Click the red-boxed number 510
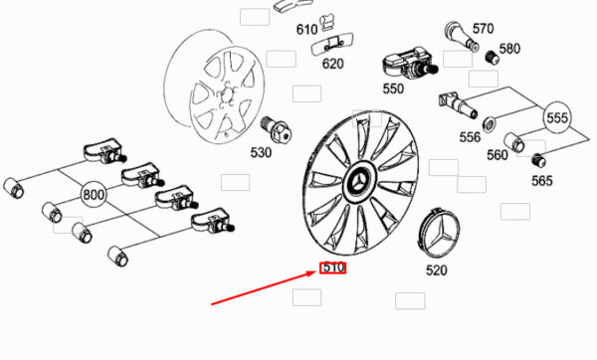pyautogui.click(x=333, y=268)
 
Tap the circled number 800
pyautogui.click(x=94, y=195)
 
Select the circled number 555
pyautogui.click(x=557, y=117)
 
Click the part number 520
pyautogui.click(x=437, y=270)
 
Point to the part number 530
pyautogui.click(x=261, y=152)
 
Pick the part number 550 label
pyautogui.click(x=393, y=89)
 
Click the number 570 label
pyautogui.click(x=484, y=29)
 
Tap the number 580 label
pyautogui.click(x=509, y=49)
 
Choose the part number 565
pyautogui.click(x=542, y=181)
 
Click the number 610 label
pyautogui.click(x=306, y=29)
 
